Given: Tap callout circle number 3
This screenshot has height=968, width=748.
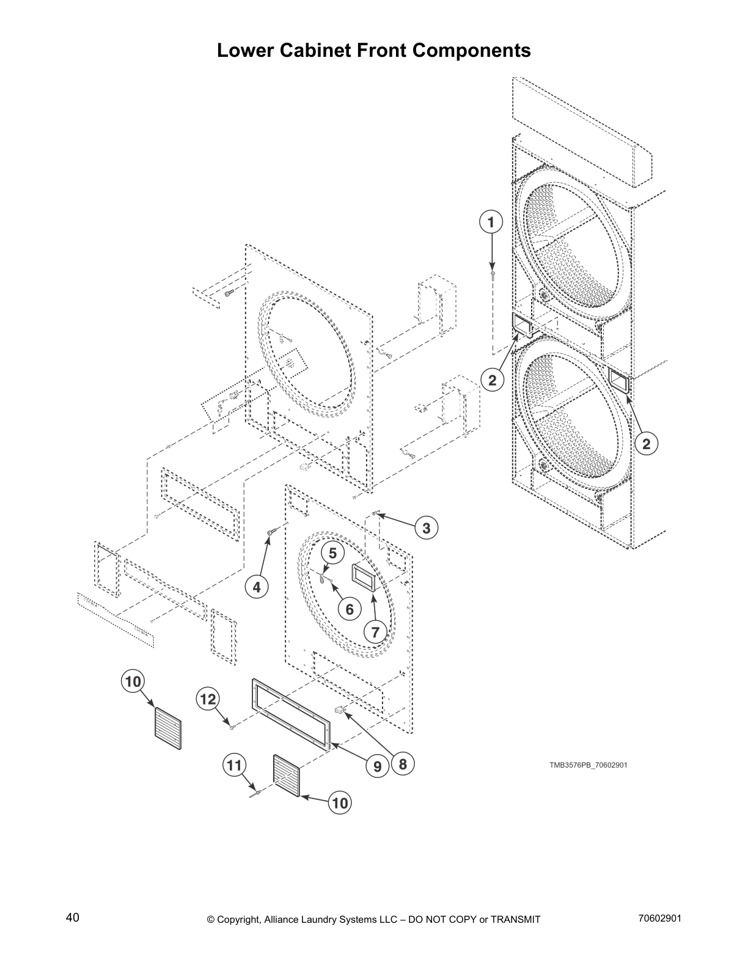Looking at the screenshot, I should pos(426,528).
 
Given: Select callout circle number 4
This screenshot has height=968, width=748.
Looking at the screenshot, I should pos(257,587).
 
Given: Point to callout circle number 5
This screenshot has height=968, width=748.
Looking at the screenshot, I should pos(333,554).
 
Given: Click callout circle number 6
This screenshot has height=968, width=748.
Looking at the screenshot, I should pos(350,609).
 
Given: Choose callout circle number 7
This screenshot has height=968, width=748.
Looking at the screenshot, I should pos(375,631).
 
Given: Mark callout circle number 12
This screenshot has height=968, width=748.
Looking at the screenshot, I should pos(208,698).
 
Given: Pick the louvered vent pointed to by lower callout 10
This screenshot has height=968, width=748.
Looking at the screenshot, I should pos(287,777).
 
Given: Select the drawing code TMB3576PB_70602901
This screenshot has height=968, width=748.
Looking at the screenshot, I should pos(587,765).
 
